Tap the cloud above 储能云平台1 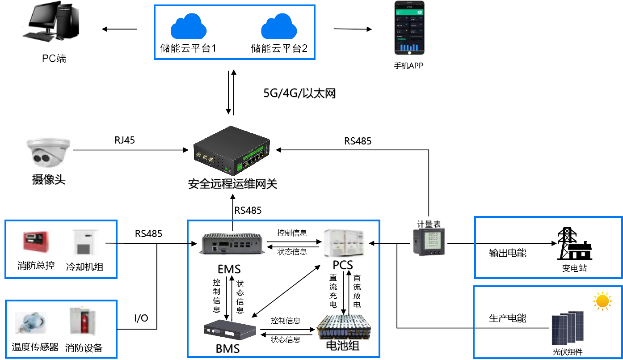coord(188,28)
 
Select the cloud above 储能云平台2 coord(279,28)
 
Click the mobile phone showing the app coord(408,30)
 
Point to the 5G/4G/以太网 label coord(299,93)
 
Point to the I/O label coord(141,318)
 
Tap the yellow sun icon coord(602,301)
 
